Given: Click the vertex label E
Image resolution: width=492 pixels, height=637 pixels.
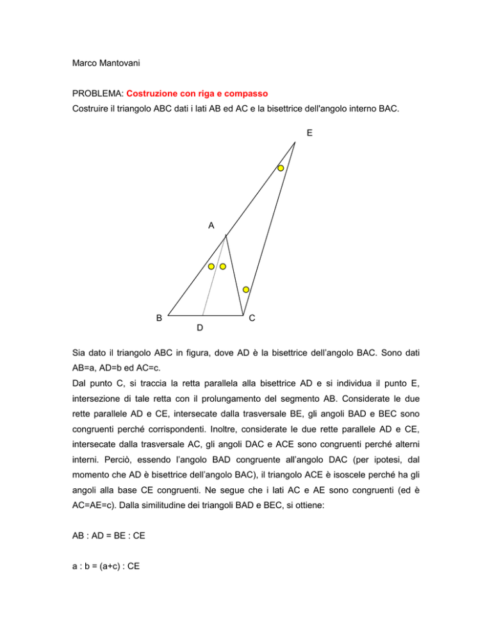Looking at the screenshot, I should [x=309, y=133].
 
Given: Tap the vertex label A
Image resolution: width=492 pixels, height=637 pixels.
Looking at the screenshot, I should [x=211, y=225].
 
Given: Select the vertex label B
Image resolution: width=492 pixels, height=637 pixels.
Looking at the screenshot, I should [x=159, y=317].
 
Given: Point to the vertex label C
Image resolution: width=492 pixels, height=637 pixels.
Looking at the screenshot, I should [x=253, y=318].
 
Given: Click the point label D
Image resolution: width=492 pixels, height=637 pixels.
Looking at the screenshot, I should [x=200, y=328].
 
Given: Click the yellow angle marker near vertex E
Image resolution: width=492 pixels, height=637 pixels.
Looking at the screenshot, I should [x=281, y=168].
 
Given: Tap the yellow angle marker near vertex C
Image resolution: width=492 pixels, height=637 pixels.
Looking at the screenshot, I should [x=245, y=289].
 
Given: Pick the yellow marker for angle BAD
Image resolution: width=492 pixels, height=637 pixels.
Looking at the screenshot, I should [x=211, y=266].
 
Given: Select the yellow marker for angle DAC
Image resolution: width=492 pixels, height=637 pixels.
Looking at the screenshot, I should [x=223, y=266].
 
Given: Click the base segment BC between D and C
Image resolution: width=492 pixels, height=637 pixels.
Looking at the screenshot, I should [x=223, y=315].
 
